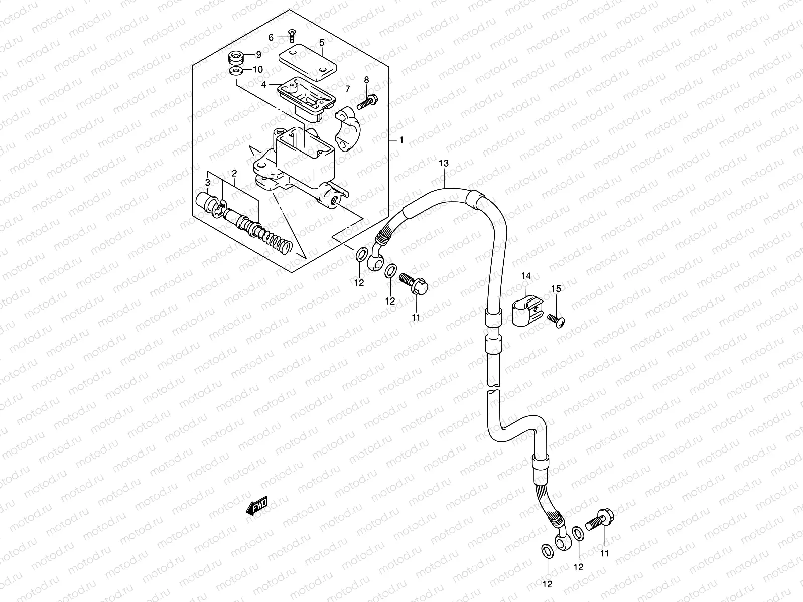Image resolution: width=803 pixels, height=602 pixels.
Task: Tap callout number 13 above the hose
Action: [x=443, y=163]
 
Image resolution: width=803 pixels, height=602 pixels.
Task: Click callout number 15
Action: [x=556, y=288]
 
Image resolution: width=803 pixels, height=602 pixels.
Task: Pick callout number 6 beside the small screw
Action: [x=271, y=37]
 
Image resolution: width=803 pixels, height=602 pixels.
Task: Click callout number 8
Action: [x=366, y=80]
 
